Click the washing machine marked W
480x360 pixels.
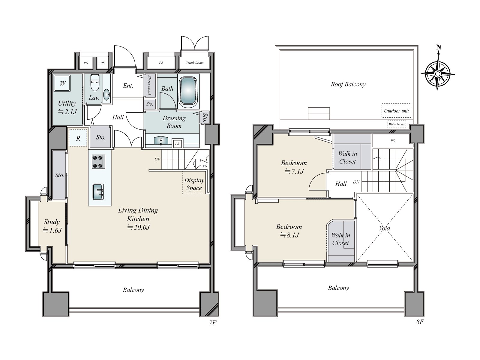[62, 83]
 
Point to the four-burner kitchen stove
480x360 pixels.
[98, 162]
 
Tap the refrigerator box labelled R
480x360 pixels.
[78, 138]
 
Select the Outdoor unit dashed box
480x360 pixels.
[396, 111]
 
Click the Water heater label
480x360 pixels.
[397, 124]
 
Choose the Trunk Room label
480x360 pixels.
[195, 63]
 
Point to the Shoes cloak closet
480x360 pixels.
[150, 85]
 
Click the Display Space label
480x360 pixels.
[194, 184]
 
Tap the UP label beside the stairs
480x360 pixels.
[157, 160]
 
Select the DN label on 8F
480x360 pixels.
[356, 182]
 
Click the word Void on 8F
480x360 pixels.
[384, 228]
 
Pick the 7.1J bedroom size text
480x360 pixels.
[294, 171]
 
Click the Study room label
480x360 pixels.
[52, 222]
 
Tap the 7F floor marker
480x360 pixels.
[213, 322]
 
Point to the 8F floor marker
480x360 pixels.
[420, 322]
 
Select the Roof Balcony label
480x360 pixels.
[348, 84]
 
